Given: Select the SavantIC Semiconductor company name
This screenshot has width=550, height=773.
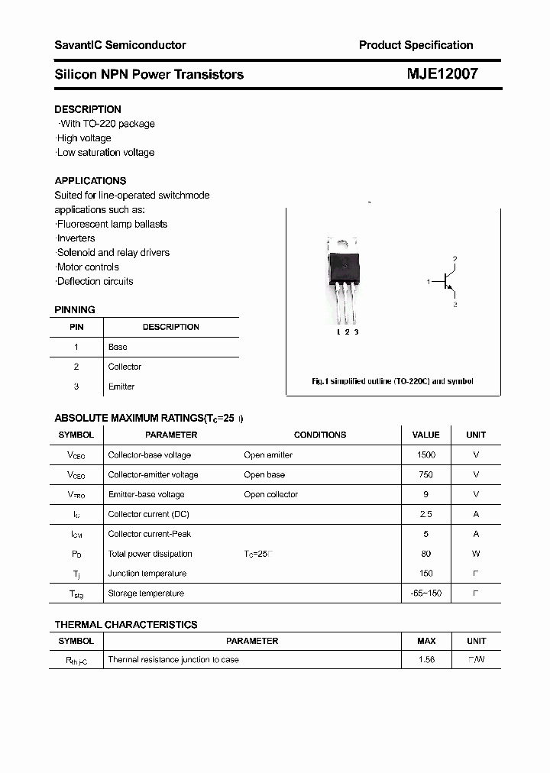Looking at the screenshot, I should [120, 45].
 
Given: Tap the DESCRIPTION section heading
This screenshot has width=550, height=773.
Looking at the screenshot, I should [88, 109].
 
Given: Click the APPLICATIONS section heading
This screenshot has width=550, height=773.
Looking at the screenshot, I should [90, 181].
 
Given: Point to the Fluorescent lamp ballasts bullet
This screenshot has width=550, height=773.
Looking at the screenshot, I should [112, 224].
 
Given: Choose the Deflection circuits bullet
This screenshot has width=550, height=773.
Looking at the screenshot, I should [95, 281].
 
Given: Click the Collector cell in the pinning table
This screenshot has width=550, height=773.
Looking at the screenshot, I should [125, 367].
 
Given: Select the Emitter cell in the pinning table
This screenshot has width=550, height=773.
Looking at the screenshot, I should [121, 386].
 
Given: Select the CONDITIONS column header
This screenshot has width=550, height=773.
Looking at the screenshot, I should [320, 435].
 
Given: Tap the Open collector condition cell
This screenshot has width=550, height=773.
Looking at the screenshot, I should [271, 494].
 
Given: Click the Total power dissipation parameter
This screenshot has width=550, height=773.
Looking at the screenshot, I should [150, 554].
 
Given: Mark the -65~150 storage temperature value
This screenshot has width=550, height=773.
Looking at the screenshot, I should [425, 593].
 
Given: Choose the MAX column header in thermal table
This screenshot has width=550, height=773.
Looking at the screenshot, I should [426, 641].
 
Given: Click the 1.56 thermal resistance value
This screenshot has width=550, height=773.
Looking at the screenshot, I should [426, 659].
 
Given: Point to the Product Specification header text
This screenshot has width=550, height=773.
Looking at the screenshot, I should [416, 45].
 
